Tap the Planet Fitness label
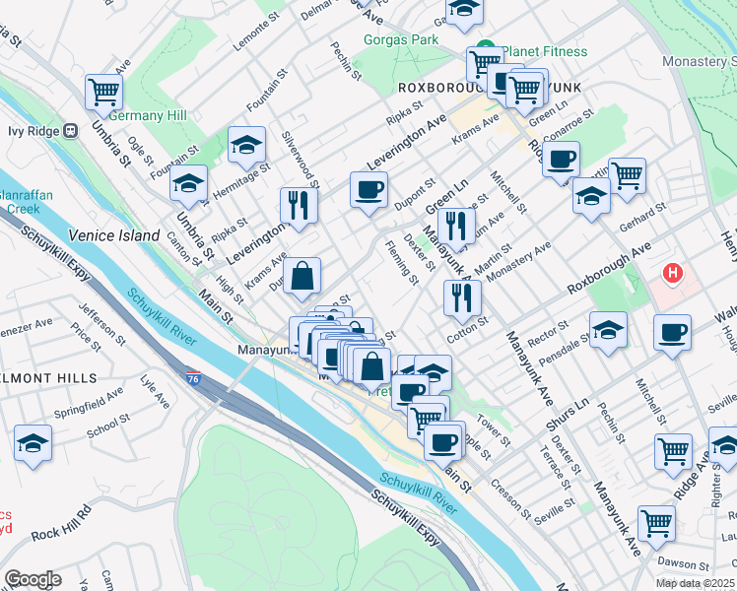click(543, 51)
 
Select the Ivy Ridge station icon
click(70, 130)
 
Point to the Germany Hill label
click(148, 115)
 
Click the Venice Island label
click(113, 235)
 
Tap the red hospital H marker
click(672, 273)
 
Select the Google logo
click(33, 579)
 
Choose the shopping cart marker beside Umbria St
click(103, 93)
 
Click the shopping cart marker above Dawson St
click(656, 522)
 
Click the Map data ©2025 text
click(695, 583)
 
